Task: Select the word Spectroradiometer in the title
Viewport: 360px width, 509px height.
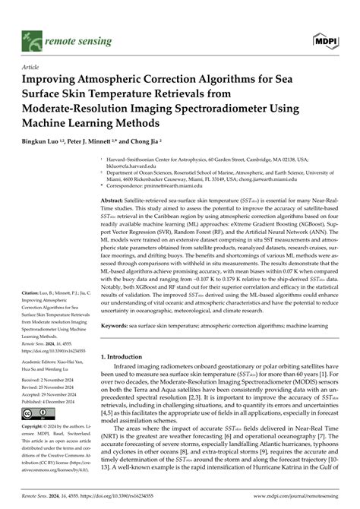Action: pyautogui.click(x=226, y=109)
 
